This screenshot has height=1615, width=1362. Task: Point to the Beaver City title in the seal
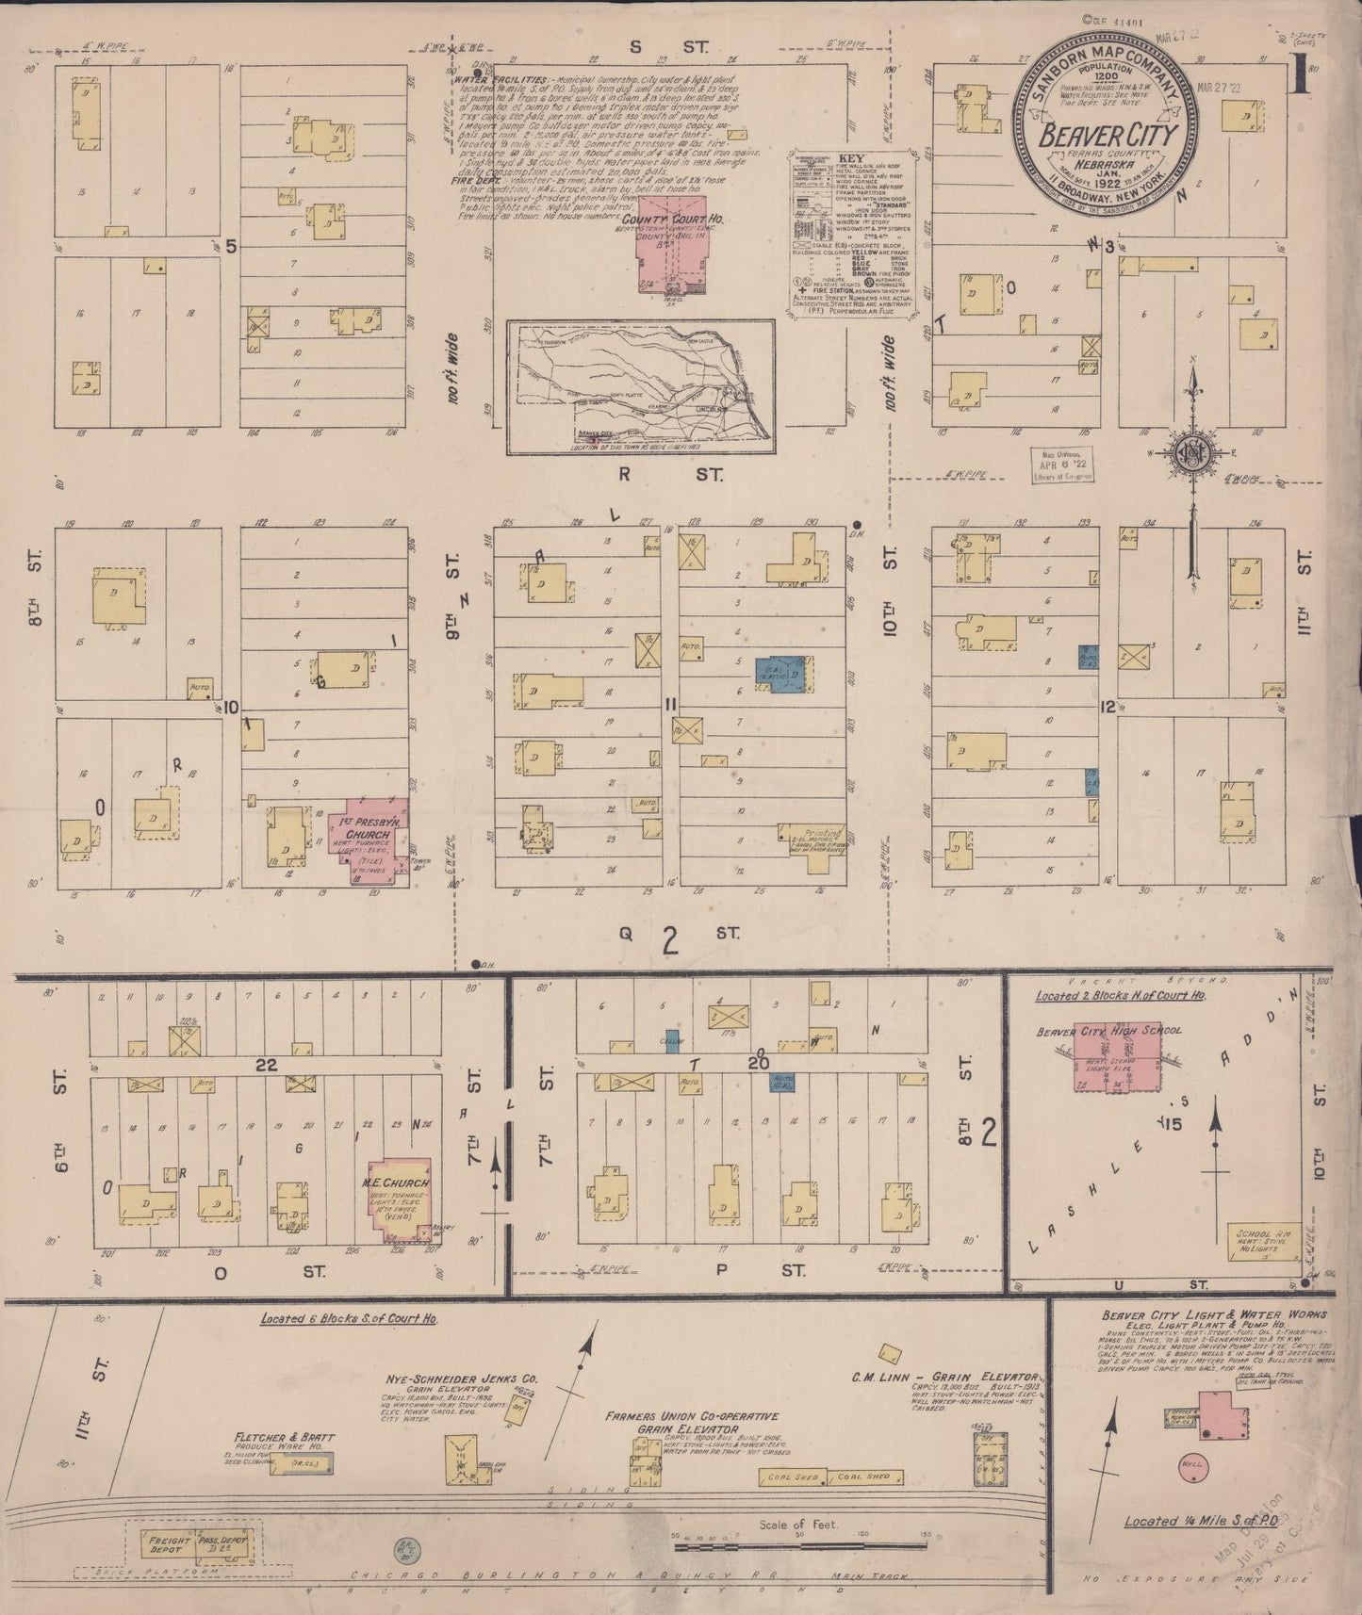coord(1107,136)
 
